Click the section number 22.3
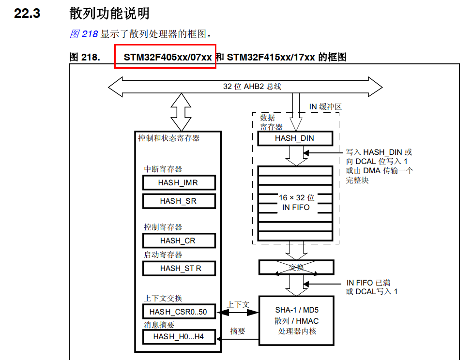27,14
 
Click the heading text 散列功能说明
109,14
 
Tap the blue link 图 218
84,34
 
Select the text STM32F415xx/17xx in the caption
271,57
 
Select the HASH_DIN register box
294,138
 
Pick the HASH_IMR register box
178,182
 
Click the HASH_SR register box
178,201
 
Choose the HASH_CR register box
178,240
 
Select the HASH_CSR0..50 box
178,312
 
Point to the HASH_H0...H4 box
178,337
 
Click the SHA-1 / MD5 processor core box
297,320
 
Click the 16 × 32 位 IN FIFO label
296,202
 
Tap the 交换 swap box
296,267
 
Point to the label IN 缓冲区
325,106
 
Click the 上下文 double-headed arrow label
238,304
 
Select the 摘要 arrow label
238,331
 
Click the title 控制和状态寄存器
169,138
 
